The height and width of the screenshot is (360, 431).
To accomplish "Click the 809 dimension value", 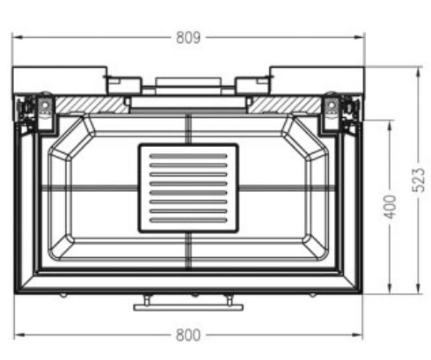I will click(x=188, y=37).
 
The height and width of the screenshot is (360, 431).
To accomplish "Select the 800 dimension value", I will click(x=187, y=334).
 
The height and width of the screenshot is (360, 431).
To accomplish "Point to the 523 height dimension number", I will click(x=420, y=180).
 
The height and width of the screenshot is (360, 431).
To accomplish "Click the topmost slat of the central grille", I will click(x=188, y=157).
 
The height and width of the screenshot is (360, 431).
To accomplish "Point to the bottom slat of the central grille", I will click(x=188, y=220).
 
